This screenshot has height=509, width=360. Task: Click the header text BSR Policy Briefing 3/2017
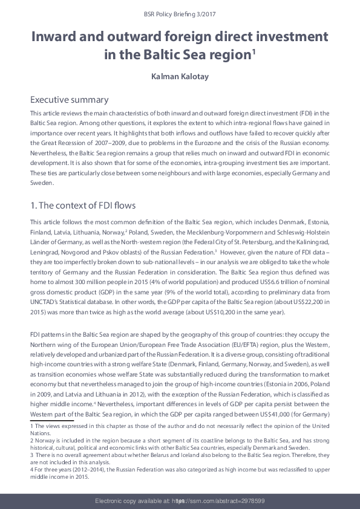[180, 12]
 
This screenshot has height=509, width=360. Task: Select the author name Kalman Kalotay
[180, 77]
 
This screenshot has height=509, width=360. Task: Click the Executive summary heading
[69, 100]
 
